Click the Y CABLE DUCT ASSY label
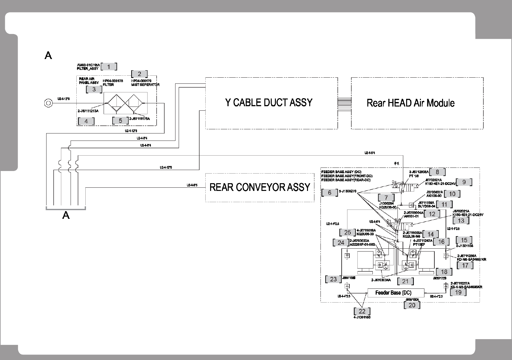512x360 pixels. coord(269,103)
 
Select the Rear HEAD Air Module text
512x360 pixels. coord(410,103)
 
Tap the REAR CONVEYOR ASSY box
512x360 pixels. coord(260,187)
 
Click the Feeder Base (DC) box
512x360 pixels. coord(393,293)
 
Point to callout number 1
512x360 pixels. coord(109,67)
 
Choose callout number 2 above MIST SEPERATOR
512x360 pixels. coord(139,74)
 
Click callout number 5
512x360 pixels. coord(120,121)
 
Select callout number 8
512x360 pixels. coord(437,172)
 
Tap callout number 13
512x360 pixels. coord(461,221)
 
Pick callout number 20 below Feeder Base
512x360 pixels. coord(412,305)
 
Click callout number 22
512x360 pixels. coord(362,311)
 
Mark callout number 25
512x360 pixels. coord(347,233)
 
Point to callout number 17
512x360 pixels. coord(465,265)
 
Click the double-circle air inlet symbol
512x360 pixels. coord(48,103)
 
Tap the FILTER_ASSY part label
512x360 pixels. coord(88,69)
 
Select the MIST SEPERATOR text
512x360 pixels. coord(145,85)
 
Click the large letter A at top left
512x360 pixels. coord(48,56)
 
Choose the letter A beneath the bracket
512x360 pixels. coord(66,215)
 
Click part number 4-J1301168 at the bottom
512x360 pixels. coord(362,317)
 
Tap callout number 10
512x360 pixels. coord(452,194)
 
